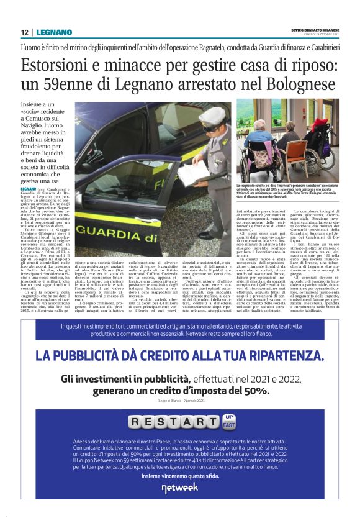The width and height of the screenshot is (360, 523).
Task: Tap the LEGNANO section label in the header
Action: [54, 32]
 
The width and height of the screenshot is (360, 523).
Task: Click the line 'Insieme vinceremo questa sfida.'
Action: [179, 475]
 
